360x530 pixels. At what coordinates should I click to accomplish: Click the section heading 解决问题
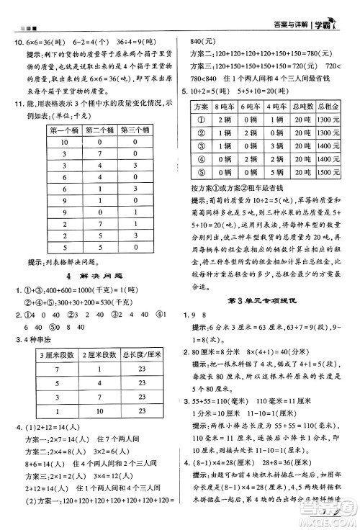[x=98, y=276]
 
